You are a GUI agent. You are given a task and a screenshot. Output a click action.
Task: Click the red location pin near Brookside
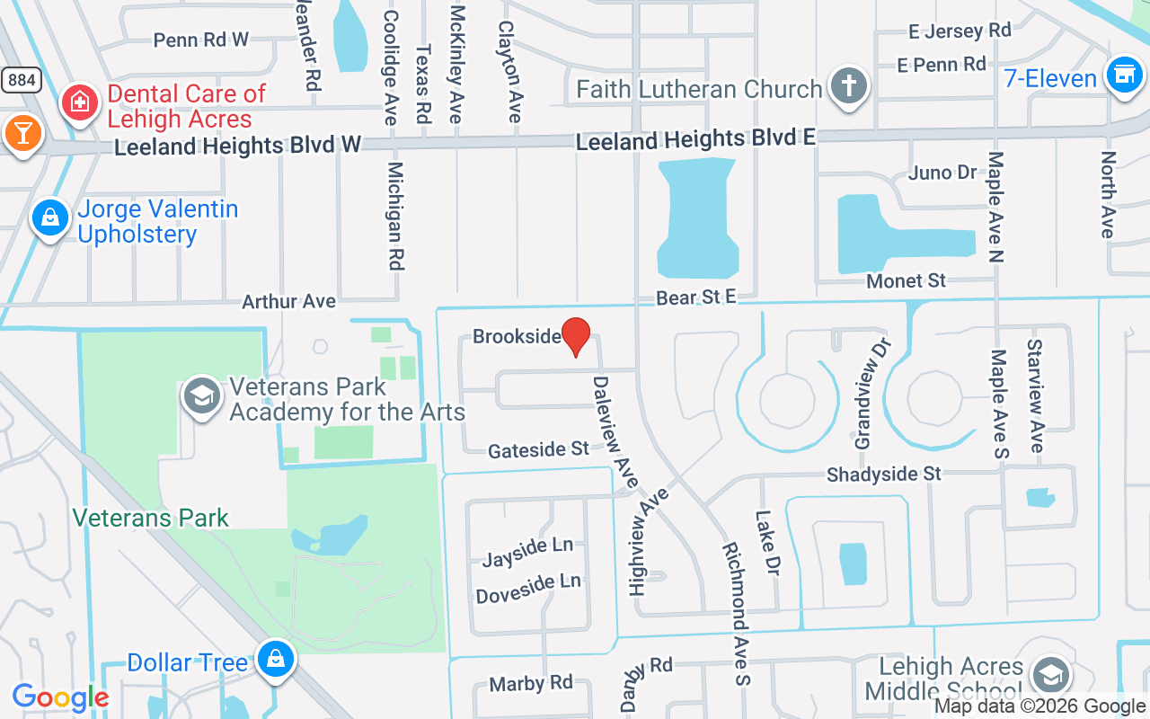click(575, 336)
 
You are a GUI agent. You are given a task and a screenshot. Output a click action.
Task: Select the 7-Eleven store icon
click(1123, 75)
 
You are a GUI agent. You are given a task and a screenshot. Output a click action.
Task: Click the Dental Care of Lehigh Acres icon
click(79, 102)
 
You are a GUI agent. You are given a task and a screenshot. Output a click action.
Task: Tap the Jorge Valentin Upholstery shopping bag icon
click(50, 218)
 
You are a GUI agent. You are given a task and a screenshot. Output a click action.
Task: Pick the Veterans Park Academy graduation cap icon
click(201, 395)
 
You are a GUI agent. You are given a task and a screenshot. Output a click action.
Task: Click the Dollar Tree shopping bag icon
click(274, 660)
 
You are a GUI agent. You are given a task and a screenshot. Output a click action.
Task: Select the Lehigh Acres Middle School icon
click(1048, 674)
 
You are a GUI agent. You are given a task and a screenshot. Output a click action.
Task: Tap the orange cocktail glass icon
click(22, 132)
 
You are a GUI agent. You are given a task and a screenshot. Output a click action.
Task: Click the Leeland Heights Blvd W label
click(237, 146)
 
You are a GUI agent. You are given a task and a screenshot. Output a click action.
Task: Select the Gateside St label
click(538, 449)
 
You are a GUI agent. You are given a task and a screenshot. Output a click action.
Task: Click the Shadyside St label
click(883, 474)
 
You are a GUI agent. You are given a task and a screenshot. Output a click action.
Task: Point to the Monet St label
click(906, 281)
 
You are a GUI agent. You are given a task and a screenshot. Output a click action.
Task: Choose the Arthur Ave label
click(288, 301)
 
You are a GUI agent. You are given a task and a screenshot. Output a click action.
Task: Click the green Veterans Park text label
click(150, 518)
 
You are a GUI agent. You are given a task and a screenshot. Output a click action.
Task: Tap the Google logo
click(60, 697)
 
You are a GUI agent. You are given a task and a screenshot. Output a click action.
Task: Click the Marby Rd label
click(530, 684)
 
